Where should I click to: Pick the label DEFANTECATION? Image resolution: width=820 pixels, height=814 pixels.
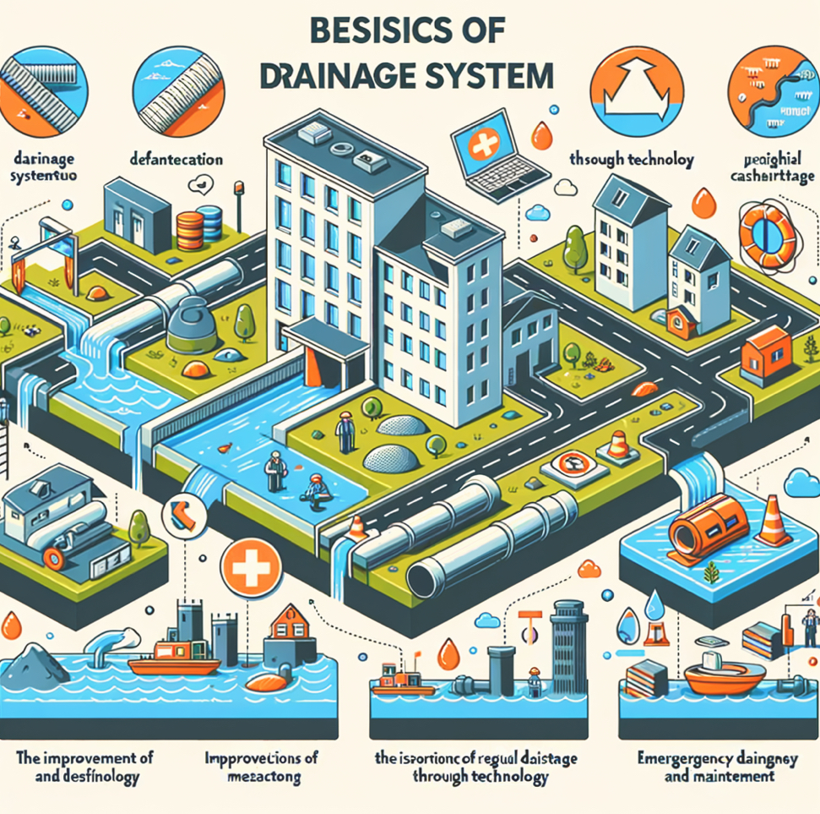(x=178, y=158)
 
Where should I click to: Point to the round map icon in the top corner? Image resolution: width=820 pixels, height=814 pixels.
(x=774, y=88)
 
